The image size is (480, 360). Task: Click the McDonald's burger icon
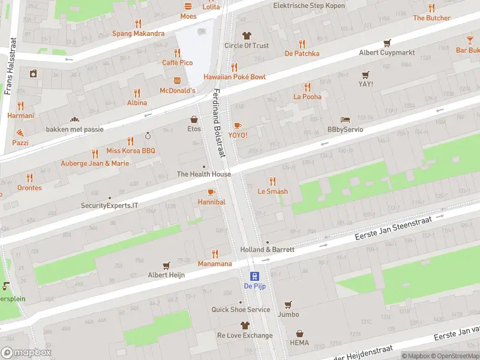tap(177, 80)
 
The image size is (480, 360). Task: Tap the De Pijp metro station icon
tap(255, 276)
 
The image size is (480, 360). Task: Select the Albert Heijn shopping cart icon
tap(166, 265)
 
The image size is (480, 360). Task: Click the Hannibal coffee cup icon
tap(211, 192)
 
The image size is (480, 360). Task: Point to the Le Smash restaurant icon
tap(272, 181)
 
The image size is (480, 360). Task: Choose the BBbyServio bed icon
tap(345, 119)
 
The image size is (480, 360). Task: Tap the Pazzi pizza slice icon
tap(20, 133)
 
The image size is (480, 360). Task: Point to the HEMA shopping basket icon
tap(299, 333)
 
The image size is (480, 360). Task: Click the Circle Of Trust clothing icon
tap(246, 35)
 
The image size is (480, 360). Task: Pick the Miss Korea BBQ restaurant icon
tap(95, 154)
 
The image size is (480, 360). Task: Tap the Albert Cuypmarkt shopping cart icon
tap(387, 43)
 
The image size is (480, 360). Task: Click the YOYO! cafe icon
tap(238, 125)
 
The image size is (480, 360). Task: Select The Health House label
tap(203, 174)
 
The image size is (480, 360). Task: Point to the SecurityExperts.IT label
tap(109, 205)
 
